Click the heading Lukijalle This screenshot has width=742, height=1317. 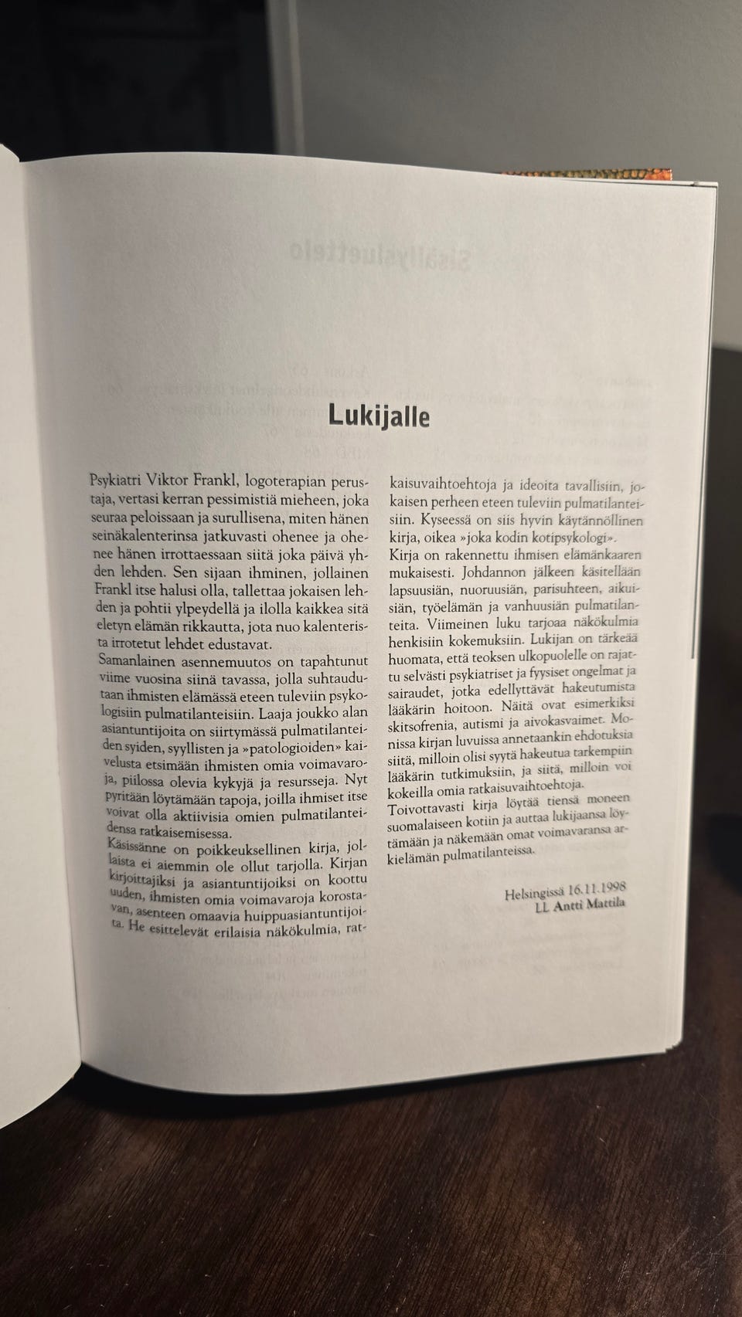[x=378, y=415]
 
